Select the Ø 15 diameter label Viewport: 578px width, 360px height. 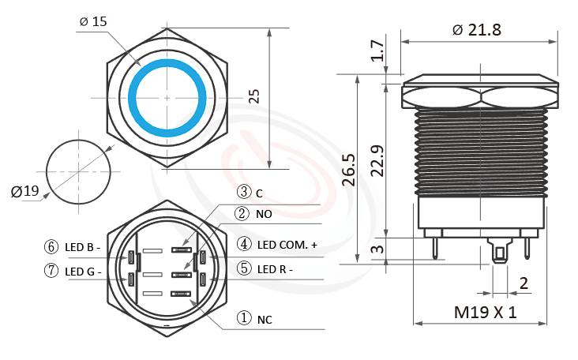[x=93, y=21]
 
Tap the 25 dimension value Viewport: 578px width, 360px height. [x=253, y=96]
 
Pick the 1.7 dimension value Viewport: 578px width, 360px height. [x=378, y=52]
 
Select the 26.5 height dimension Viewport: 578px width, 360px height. [x=348, y=170]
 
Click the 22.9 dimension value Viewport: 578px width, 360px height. [x=378, y=160]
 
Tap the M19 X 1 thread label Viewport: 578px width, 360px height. [x=485, y=312]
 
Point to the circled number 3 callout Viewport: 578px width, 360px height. [x=244, y=192]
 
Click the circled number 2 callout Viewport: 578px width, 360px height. [x=244, y=214]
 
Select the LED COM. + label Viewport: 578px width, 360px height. [x=287, y=246]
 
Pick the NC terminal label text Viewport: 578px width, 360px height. [x=265, y=319]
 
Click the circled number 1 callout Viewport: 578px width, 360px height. [x=244, y=318]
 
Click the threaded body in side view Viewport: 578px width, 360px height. [x=481, y=150]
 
